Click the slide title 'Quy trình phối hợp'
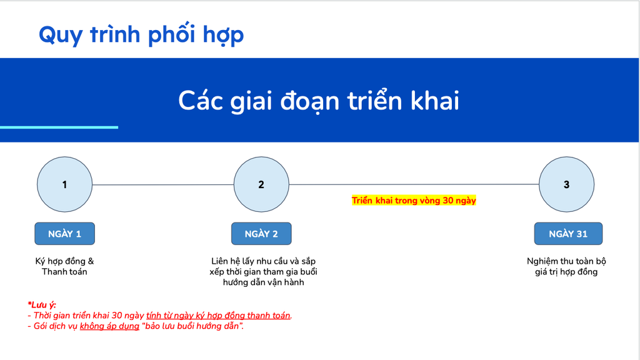pos(141,34)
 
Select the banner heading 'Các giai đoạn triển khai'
pos(319,101)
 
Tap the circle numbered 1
pos(64,184)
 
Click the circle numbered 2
pos(261,184)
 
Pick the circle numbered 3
pos(566,184)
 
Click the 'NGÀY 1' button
pos(64,234)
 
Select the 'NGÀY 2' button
pos(261,234)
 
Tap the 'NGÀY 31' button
pos(568,234)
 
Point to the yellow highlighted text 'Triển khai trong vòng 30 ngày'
pos(414,201)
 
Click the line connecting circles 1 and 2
pos(163,184)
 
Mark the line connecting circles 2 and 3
pos(414,184)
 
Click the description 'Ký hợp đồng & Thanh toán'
pos(64,266)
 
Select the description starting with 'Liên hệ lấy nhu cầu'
pos(263,272)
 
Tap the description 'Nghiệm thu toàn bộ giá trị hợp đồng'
pos(566,266)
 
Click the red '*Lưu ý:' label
pos(42,305)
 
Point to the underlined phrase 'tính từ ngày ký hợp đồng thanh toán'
pos(218,316)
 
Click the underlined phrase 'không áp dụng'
pos(109,326)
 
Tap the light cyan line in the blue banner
pos(59,127)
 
